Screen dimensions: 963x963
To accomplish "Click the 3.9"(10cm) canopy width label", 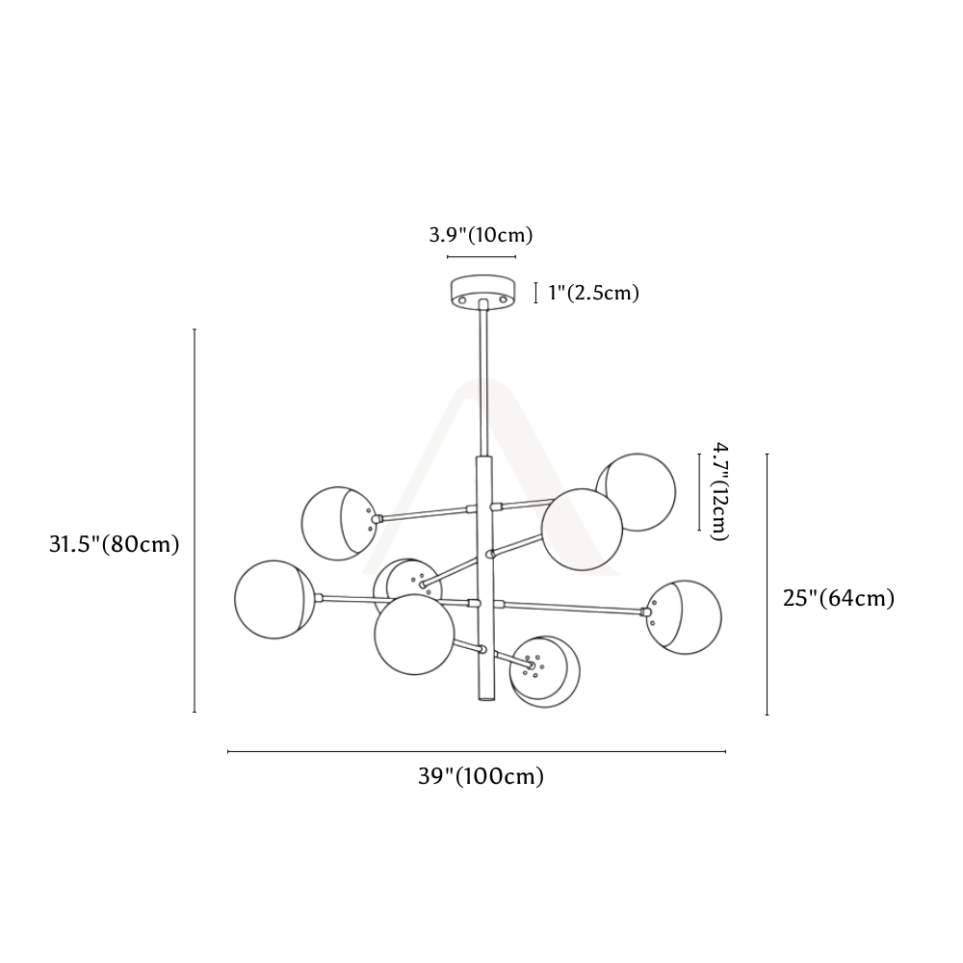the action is (x=481, y=235).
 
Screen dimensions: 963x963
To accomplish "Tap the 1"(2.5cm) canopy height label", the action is (x=594, y=293).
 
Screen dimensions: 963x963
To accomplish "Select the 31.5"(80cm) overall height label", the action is (x=115, y=544).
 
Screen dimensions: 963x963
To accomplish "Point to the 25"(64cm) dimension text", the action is (x=839, y=598).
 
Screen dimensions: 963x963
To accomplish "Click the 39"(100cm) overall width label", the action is (x=481, y=776).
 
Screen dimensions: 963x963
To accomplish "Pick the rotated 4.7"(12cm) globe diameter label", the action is (x=719, y=491).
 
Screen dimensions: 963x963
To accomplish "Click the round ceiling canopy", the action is (x=482, y=291).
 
